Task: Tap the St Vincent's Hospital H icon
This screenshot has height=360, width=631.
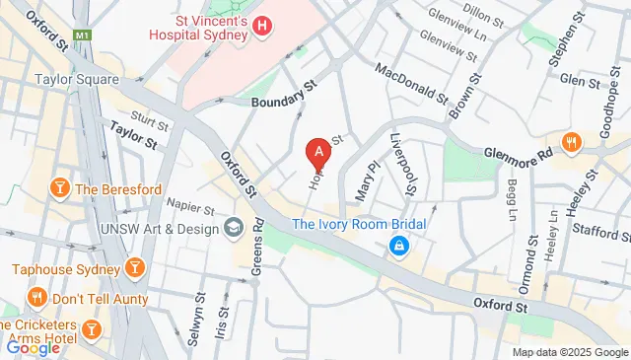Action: click(x=262, y=26)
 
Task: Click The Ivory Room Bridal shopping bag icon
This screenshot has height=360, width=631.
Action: click(x=398, y=245)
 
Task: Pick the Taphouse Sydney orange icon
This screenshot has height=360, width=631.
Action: click(x=133, y=266)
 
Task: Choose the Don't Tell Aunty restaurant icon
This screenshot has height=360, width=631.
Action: click(x=37, y=297)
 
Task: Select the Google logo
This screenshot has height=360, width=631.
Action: click(x=33, y=347)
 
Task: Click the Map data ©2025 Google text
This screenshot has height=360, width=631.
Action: click(x=569, y=352)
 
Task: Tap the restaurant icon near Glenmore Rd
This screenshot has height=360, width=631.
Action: click(x=571, y=144)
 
